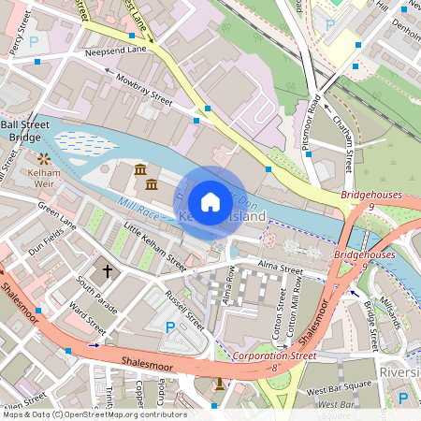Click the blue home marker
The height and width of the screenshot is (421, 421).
pyautogui.click(x=210, y=201)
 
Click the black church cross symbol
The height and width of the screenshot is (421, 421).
pyautogui.click(x=108, y=270)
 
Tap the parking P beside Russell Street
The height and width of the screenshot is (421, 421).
pyautogui.click(x=169, y=327)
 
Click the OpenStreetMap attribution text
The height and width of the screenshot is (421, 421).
pyautogui.click(x=94, y=414)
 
